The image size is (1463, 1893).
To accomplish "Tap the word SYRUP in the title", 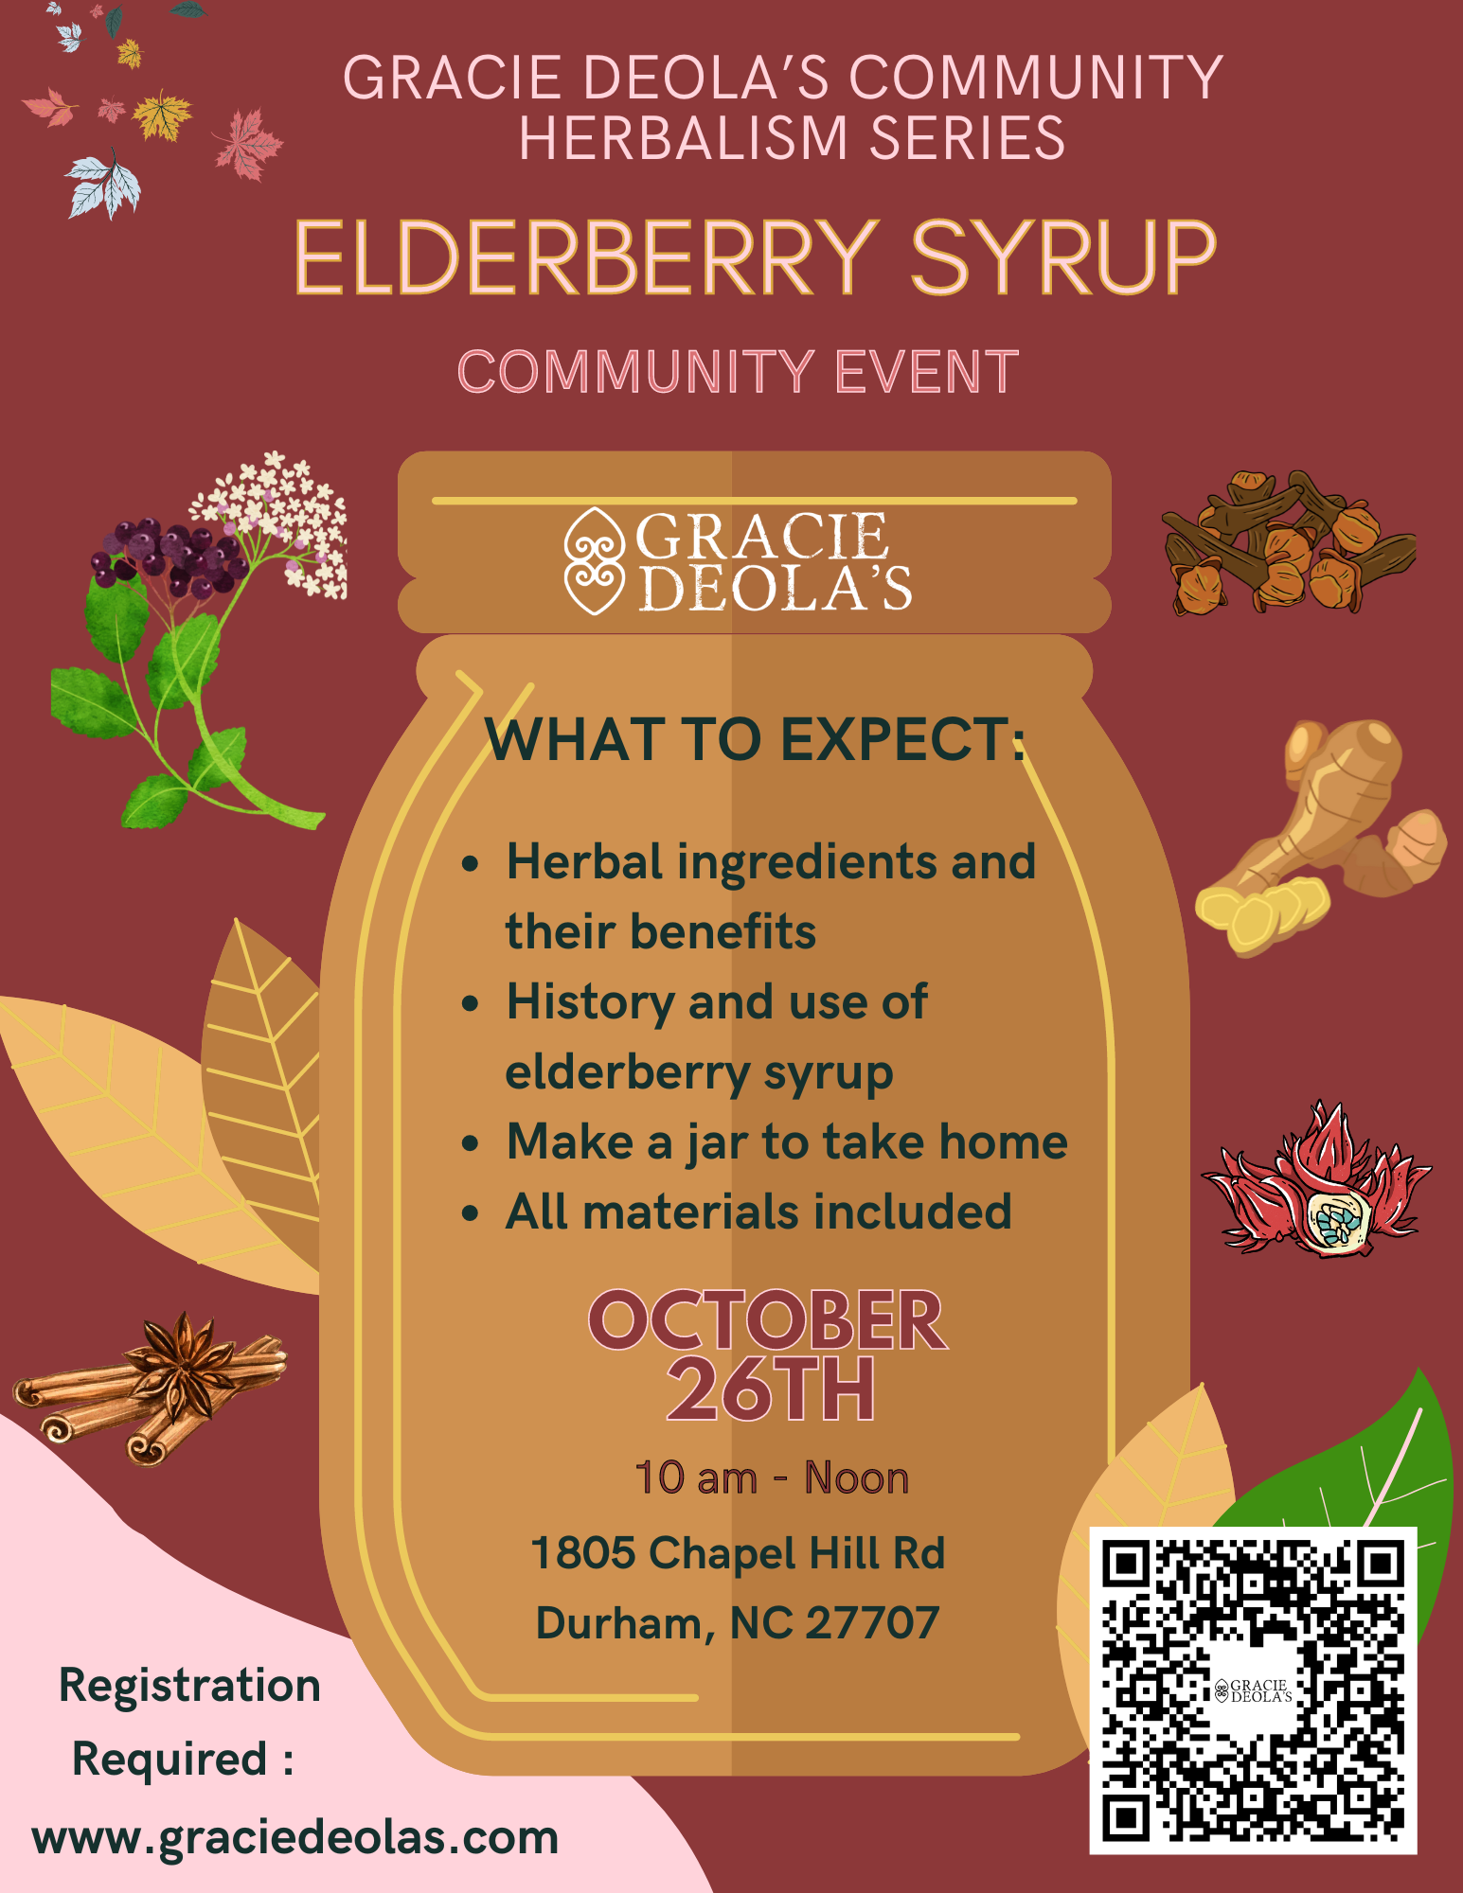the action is (x=1063, y=257).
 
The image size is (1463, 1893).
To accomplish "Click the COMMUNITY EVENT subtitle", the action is (x=738, y=371).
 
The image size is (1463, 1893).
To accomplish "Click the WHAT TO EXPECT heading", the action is (x=755, y=739).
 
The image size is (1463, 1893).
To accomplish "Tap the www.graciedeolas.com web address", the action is (x=295, y=1837).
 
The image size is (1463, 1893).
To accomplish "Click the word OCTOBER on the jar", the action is (x=768, y=1320).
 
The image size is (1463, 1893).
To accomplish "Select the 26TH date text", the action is (x=771, y=1389).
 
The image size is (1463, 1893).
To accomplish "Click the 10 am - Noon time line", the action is (x=772, y=1478).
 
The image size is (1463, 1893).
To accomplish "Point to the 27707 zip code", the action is (x=872, y=1622).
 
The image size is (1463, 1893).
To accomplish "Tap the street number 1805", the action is (x=583, y=1553).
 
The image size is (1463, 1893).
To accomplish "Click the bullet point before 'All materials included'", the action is (x=471, y=1213).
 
